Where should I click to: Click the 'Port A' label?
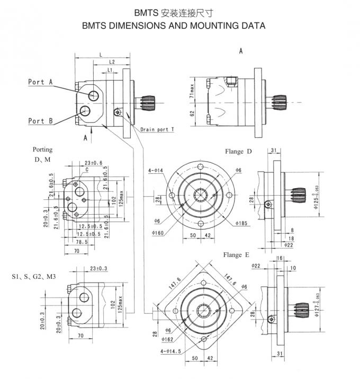[x=40, y=82]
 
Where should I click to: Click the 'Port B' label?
[x=40, y=121]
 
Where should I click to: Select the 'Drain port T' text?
[x=158, y=129]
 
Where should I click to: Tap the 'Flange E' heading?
[x=237, y=255]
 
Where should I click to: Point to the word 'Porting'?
[x=43, y=150]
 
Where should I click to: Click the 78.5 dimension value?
[x=80, y=241]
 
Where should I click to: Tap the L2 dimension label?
[x=112, y=62]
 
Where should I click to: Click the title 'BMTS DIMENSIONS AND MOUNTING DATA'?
[x=174, y=25]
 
